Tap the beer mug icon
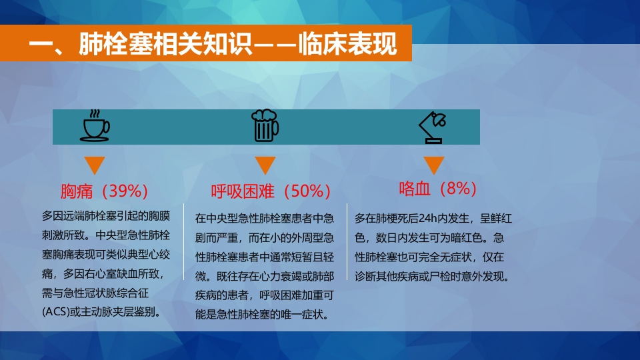click(265, 126)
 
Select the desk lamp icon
click(433, 127)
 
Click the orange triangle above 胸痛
click(95, 165)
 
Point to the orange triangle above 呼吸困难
click(265, 165)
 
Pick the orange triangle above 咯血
click(433, 165)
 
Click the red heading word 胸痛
click(77, 191)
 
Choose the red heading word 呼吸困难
click(243, 191)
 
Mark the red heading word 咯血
click(415, 188)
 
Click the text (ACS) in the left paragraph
click(56, 312)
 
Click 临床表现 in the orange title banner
click(347, 43)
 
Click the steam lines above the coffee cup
click(95, 113)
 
